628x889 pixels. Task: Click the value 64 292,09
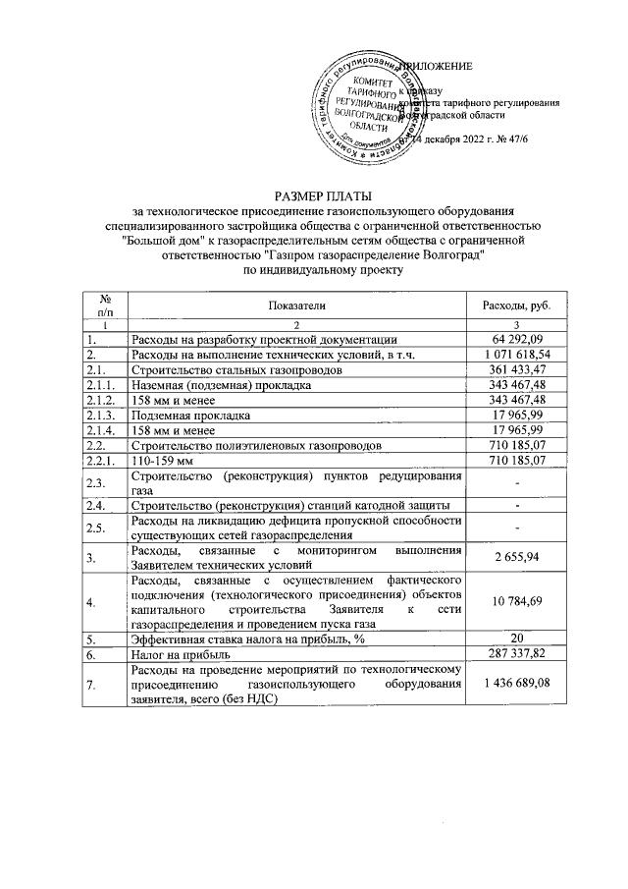(516, 340)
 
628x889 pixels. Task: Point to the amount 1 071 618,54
(516, 356)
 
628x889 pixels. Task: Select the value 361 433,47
(516, 371)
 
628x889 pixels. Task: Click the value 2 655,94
(516, 558)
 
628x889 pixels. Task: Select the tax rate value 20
(516, 639)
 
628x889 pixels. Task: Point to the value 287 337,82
(516, 654)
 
